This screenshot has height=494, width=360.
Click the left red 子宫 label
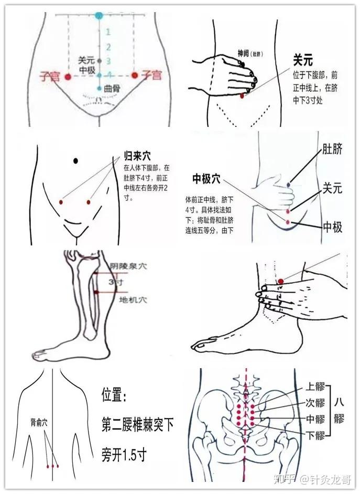50,77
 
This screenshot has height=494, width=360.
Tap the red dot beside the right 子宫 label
134,76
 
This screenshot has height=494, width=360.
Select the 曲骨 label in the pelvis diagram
112,89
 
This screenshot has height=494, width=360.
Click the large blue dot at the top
99,15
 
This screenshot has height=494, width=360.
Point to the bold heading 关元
303,61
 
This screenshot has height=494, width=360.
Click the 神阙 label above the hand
243,53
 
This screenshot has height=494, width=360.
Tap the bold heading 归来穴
137,156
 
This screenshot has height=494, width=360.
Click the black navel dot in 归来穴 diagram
76,160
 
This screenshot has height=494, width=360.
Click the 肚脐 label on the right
332,150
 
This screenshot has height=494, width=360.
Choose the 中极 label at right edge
332,227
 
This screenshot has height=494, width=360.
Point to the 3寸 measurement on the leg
116,282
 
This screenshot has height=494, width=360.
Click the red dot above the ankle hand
281,282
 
